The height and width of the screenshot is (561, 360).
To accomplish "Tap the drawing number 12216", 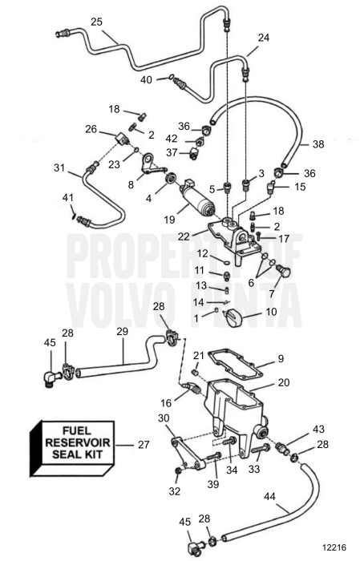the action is click(334, 547).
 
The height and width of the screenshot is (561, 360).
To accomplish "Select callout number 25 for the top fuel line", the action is click(96, 22).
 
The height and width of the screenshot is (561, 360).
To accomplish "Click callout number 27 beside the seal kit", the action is click(144, 445).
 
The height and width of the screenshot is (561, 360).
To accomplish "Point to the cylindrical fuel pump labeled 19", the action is click(198, 199).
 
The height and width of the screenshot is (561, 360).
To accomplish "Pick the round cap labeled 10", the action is click(233, 317).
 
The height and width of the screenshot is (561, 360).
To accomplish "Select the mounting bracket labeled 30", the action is click(188, 454).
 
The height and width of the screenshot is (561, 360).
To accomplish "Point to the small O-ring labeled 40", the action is click(172, 77).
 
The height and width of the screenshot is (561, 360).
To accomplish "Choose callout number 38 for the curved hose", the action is click(318, 143).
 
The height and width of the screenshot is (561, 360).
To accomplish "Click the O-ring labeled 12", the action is click(225, 263).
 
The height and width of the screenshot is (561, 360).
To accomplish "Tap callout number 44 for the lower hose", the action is click(270, 496).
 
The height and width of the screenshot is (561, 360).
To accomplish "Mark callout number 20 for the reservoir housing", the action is click(283, 382).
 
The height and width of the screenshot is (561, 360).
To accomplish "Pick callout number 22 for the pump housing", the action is click(184, 236).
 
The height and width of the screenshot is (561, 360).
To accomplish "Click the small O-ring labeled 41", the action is click(74, 216).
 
